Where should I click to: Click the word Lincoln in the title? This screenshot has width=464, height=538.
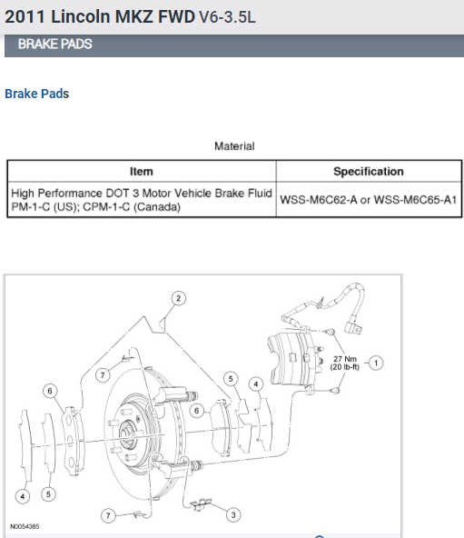[81, 16]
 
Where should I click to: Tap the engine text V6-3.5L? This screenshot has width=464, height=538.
[227, 16]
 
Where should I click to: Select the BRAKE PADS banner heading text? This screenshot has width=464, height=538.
[54, 44]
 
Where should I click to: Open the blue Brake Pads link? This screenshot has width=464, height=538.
[36, 94]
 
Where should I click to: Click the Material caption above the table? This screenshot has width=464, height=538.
[234, 146]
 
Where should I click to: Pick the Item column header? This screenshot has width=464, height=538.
[142, 171]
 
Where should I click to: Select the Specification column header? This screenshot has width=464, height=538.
[369, 171]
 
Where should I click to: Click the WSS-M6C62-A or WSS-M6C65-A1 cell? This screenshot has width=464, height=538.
[369, 200]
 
